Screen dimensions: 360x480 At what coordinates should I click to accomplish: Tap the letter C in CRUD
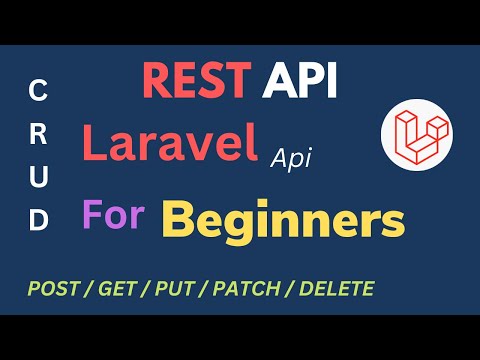pos(38,91)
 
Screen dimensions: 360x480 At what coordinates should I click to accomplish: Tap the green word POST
pos(54,290)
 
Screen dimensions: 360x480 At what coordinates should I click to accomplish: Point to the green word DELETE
pos(337,290)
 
